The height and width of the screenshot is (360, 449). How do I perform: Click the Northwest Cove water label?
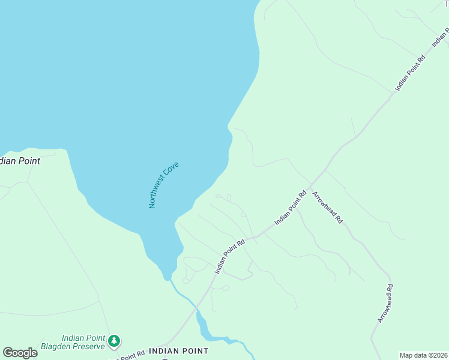(x=164, y=185)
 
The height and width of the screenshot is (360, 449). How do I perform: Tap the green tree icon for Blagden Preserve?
(x=114, y=341)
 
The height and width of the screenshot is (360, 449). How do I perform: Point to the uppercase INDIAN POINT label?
(x=178, y=351)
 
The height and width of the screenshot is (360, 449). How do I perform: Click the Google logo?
(x=20, y=353)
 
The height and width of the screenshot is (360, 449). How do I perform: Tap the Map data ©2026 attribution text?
(x=423, y=355)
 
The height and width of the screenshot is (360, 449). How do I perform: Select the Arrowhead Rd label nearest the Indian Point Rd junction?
(x=328, y=207)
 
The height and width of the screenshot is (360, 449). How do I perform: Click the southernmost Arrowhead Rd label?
(x=385, y=303)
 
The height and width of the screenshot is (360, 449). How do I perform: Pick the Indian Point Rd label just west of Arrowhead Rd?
(x=291, y=208)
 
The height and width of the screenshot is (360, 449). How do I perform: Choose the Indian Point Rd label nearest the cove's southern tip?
(x=231, y=256)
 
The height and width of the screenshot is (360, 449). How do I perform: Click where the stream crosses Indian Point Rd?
(x=196, y=308)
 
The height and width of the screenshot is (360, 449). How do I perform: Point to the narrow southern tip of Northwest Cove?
(x=166, y=277)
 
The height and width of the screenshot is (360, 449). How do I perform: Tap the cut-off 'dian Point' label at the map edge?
(x=20, y=161)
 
